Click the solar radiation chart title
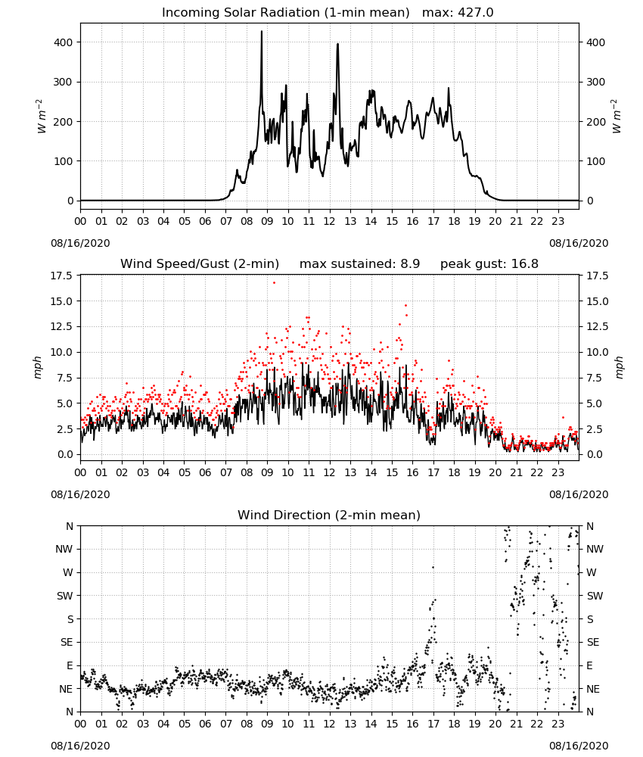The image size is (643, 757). (x=328, y=12)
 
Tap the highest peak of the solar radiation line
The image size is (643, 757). (x=262, y=31)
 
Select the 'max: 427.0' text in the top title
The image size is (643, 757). (x=458, y=12)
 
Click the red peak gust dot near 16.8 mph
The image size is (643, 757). (x=274, y=282)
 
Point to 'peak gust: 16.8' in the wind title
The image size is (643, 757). (x=489, y=263)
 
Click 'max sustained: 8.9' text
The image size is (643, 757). (x=360, y=263)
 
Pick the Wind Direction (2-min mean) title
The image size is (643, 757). (x=329, y=515)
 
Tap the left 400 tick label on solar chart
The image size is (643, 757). (x=64, y=42)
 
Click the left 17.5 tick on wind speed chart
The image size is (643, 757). (x=62, y=276)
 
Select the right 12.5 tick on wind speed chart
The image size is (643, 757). (x=597, y=327)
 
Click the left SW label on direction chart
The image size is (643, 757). (x=64, y=596)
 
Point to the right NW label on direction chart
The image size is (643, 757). (x=595, y=549)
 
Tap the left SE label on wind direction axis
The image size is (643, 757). (x=67, y=642)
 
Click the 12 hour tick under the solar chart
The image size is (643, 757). (x=330, y=222)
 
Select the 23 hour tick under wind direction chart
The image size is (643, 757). (x=558, y=724)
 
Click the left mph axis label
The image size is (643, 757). (x=38, y=367)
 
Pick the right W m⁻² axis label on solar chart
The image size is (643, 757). (x=617, y=117)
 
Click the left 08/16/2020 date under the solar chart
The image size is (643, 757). (x=80, y=243)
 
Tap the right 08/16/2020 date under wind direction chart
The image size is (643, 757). (x=579, y=746)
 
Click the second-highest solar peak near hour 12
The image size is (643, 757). (x=337, y=44)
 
